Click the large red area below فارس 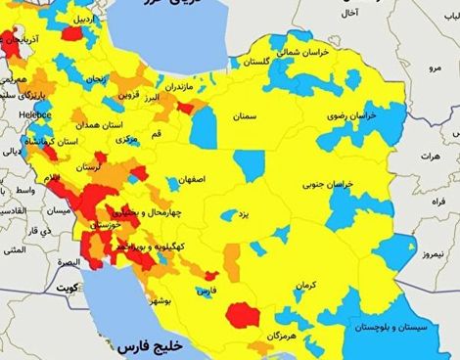coord(241,316)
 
